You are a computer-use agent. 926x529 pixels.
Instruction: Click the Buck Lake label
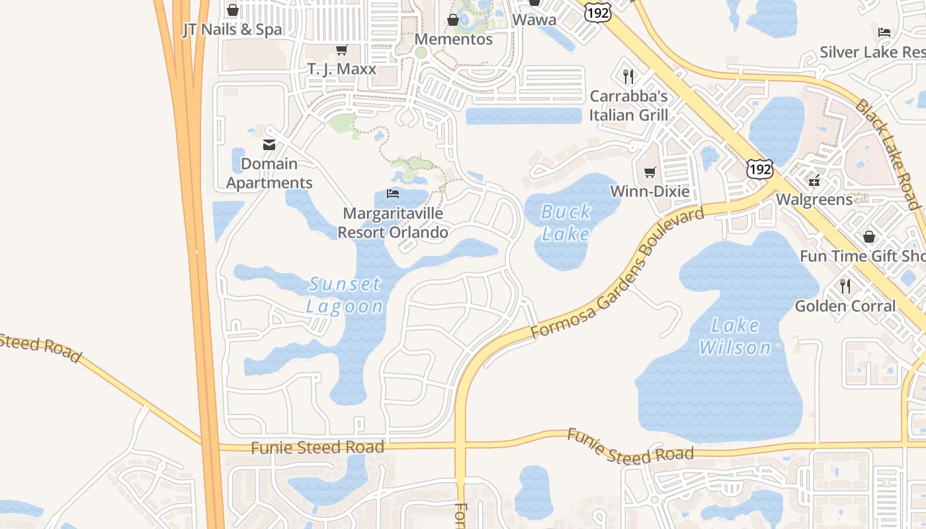(566, 223)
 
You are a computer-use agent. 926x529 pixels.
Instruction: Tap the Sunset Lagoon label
(345, 295)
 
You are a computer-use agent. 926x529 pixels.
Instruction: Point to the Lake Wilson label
(736, 336)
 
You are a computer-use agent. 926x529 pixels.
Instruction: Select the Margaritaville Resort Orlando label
(393, 223)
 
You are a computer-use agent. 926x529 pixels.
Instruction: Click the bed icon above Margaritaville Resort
(393, 194)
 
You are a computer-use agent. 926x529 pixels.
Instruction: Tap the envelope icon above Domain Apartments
(269, 144)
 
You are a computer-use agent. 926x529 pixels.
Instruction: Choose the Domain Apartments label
(269, 173)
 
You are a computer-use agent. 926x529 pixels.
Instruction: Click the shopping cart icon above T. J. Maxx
(342, 50)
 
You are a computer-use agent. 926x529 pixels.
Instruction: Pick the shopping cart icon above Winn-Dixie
(650, 172)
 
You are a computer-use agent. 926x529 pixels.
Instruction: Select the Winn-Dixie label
(650, 192)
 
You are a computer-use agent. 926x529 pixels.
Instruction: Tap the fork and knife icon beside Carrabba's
(628, 77)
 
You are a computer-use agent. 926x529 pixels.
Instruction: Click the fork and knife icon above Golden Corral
(845, 286)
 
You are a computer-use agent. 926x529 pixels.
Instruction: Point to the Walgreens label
(814, 199)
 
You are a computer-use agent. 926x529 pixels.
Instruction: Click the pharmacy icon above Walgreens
(814, 180)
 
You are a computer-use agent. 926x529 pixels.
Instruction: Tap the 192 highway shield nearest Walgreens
(760, 169)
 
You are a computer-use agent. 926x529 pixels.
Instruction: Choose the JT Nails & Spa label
(232, 29)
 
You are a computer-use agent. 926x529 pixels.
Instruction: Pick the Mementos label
(454, 39)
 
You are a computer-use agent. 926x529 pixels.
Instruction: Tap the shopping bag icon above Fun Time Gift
(869, 237)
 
